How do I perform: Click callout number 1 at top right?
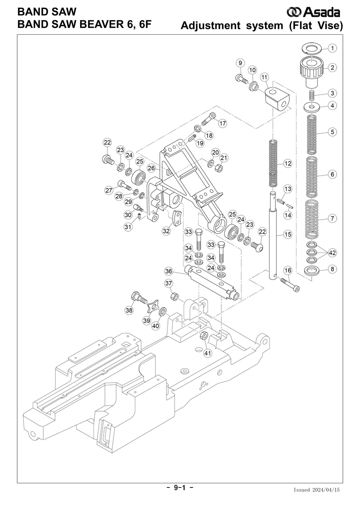[x=332, y=48]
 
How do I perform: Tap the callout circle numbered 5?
[x=332, y=132]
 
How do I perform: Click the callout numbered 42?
[x=332, y=252]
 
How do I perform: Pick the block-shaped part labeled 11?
[x=277, y=98]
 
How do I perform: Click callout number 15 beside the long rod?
[x=288, y=234]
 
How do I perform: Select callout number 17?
[x=222, y=123]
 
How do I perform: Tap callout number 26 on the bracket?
[x=152, y=168]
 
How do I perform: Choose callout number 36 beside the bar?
[x=168, y=271]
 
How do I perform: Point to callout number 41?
[x=207, y=353]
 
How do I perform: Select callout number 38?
[x=129, y=310]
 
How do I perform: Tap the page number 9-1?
[x=180, y=488]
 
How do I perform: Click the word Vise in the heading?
[x=325, y=26]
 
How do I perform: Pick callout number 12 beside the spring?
[x=288, y=163]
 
